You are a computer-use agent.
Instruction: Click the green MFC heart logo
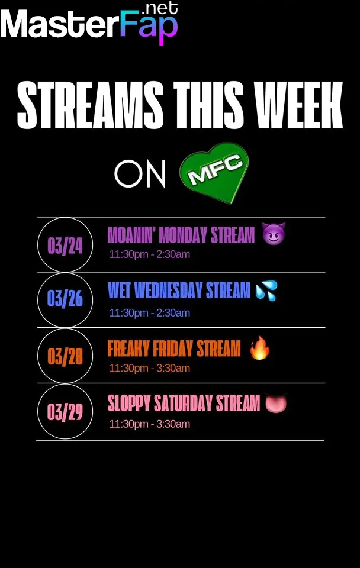[x=214, y=172]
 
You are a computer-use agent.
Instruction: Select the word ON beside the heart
[x=140, y=174]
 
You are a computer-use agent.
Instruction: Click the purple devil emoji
[x=274, y=234]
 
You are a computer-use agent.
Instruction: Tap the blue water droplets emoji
[x=266, y=291]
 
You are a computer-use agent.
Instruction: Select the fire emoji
[x=260, y=348]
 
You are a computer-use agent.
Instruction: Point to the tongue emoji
[x=276, y=402]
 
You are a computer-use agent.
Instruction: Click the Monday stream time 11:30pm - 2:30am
[x=150, y=254]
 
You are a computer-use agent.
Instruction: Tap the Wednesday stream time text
[x=150, y=312]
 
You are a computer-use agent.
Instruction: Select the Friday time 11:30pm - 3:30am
[x=150, y=368]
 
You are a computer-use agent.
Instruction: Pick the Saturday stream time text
[x=150, y=424]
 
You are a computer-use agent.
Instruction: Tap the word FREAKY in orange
[x=128, y=348]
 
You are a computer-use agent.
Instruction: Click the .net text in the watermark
[x=160, y=8]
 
